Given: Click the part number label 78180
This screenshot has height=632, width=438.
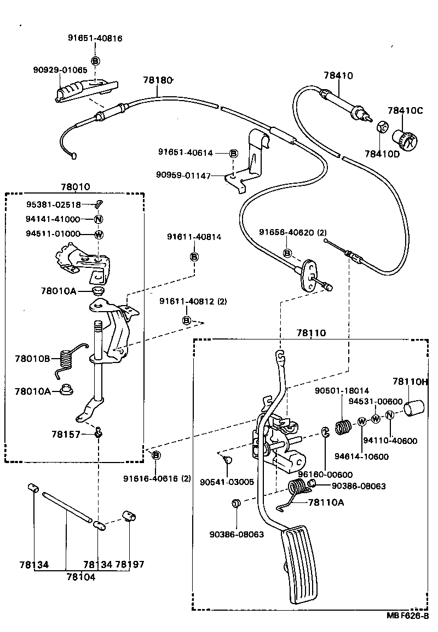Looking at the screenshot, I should point(158,80).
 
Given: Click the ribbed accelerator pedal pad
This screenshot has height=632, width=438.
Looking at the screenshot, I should point(301,563).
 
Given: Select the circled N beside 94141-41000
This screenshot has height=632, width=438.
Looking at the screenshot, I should point(99,220).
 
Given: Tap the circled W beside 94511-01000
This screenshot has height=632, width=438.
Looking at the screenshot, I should point(99,235).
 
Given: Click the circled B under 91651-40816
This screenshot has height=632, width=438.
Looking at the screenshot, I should point(95,61).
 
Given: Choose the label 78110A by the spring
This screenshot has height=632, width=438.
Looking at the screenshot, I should point(326,502).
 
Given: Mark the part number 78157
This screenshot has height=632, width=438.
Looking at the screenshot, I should point(66,434).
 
